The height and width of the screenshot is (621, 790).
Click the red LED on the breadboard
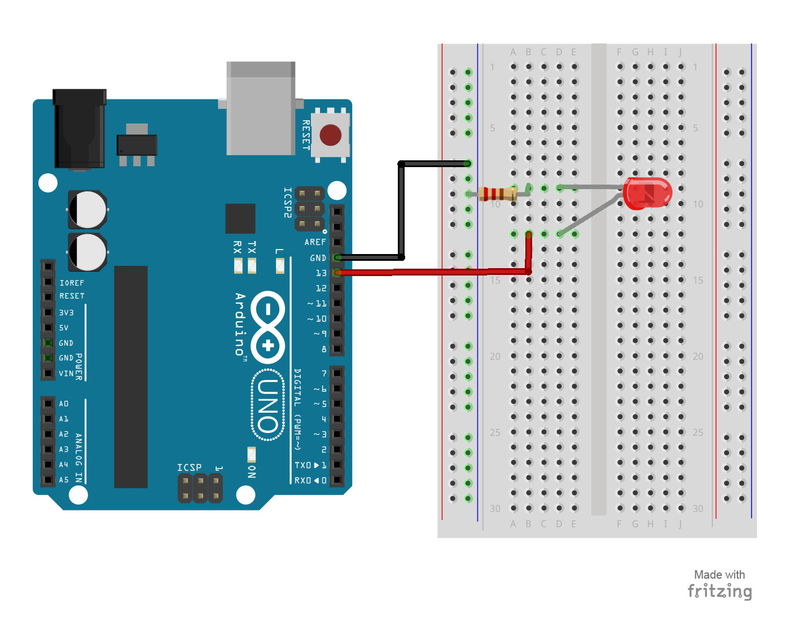point(647,193)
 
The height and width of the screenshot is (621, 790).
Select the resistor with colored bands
point(497,194)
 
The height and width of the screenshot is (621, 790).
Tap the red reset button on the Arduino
point(331,135)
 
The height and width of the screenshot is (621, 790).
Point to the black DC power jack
point(79,130)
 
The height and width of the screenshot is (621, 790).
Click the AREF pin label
point(315,242)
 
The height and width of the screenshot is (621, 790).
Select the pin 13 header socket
point(337,273)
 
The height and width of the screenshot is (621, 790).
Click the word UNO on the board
point(268,405)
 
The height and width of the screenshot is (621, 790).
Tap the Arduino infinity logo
point(268,327)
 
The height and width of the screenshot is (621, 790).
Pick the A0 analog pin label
point(64,404)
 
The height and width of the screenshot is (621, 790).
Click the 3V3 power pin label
point(66,312)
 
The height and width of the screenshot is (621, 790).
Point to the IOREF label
point(72,283)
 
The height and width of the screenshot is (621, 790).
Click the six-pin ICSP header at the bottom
point(200,488)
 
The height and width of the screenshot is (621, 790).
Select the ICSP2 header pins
point(310,209)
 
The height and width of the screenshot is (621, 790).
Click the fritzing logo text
point(719,591)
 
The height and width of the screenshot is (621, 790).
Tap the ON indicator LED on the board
point(252,454)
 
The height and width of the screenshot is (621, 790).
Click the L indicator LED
point(280,265)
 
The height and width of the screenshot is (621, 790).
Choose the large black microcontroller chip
point(131,377)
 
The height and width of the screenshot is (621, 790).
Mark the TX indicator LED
point(252,265)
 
